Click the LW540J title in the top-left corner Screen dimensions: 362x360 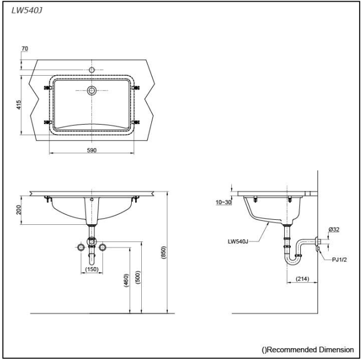[x=27, y=11]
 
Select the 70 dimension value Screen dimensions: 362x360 [x=24, y=48]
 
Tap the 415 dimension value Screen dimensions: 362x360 [x=19, y=105]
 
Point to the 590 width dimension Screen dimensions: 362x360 [x=92, y=150]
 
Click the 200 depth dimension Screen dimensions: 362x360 [x=19, y=210]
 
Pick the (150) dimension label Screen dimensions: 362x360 [x=92, y=269]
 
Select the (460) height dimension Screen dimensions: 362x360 [x=126, y=280]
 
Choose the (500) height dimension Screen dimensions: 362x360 [x=137, y=277]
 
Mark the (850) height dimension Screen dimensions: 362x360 [x=163, y=252]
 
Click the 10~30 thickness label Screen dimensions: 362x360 [x=224, y=202]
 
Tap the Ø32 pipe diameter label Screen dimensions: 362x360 [x=334, y=229]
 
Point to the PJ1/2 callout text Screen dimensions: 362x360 [x=339, y=259]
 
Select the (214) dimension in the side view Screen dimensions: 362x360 [x=302, y=279]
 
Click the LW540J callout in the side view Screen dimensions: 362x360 [x=238, y=241]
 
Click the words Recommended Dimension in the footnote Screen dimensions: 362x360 [x=310, y=349]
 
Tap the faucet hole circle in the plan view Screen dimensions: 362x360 [x=92, y=67]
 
